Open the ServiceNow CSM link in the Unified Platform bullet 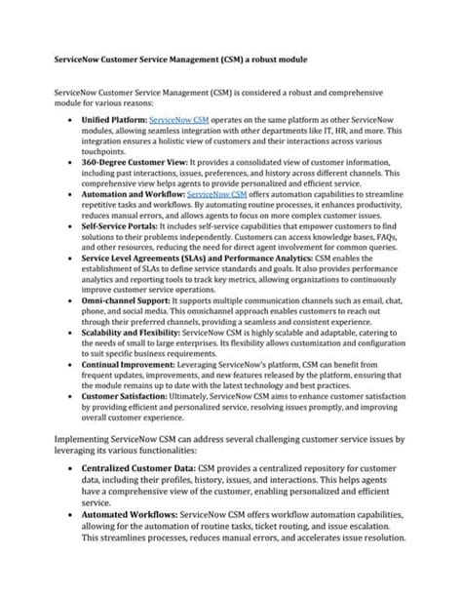pos(178,117)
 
